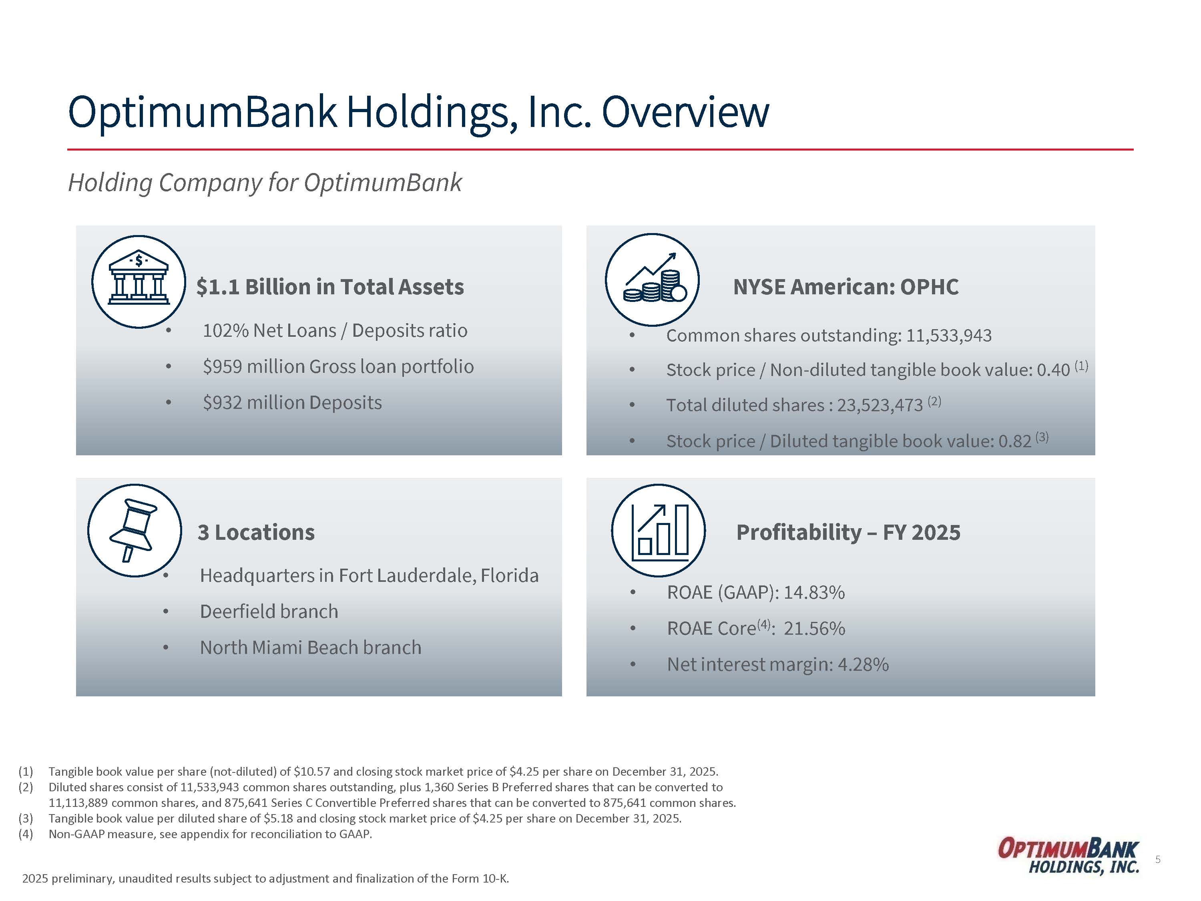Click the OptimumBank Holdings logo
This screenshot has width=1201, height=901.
click(1068, 857)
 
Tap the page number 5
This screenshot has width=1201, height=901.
click(1158, 859)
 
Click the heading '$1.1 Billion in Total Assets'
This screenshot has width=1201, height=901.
click(330, 287)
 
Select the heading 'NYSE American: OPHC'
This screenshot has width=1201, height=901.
click(846, 287)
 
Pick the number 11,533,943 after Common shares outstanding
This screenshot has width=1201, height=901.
click(949, 336)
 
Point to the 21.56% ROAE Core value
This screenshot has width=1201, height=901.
click(814, 628)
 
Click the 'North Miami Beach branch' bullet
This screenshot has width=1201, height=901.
click(311, 648)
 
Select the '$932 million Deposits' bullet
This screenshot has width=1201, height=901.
click(292, 402)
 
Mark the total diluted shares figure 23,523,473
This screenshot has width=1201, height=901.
click(880, 405)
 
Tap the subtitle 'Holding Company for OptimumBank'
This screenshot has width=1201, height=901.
click(265, 183)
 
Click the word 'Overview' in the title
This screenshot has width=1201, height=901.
click(685, 112)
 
